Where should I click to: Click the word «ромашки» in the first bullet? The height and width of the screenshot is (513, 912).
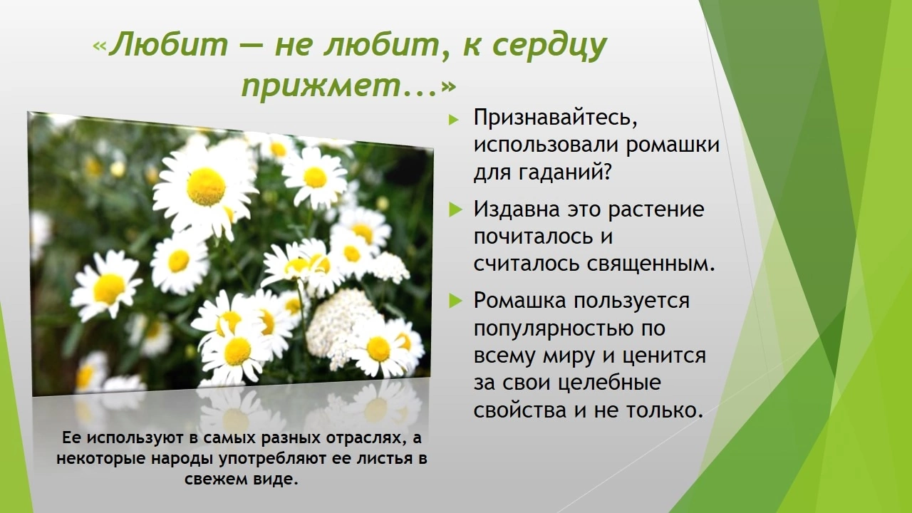click(673, 145)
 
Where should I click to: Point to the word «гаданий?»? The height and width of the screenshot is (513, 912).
click(566, 172)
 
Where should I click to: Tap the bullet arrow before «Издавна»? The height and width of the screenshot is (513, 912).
click(456, 210)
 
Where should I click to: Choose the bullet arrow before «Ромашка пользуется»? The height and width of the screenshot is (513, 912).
click(456, 301)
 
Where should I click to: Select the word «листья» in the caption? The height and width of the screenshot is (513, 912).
click(383, 459)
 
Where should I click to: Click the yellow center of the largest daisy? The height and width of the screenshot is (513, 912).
click(206, 187)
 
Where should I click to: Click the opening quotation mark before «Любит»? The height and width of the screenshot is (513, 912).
click(99, 47)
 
